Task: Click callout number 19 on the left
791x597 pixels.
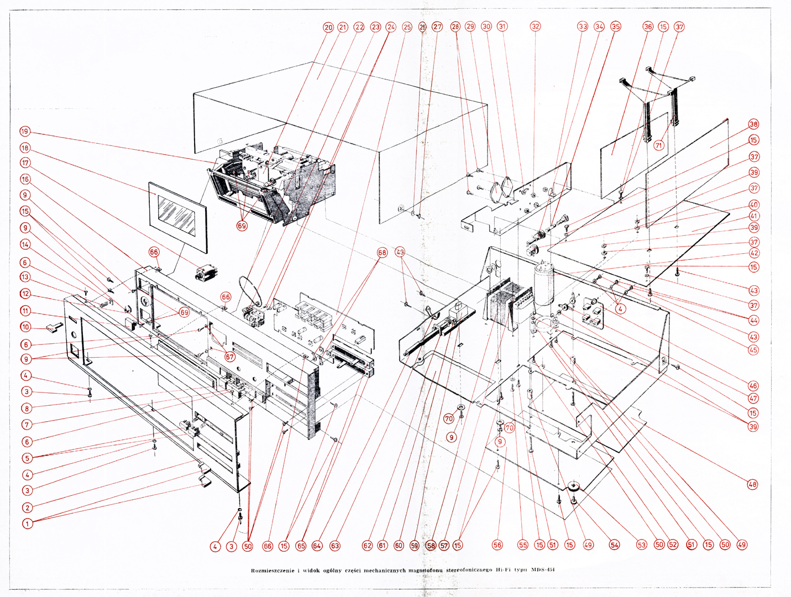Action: coord(24,132)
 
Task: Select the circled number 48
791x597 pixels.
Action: coord(752,484)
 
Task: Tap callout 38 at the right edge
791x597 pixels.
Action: coord(753,124)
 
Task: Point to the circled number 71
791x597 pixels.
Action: coord(658,145)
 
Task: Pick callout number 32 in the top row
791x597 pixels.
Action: coord(535,27)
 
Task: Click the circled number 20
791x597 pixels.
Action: coord(328,27)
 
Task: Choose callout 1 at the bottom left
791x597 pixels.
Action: coord(27,523)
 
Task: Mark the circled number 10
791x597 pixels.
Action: coord(25,327)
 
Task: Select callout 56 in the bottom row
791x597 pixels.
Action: coord(497,545)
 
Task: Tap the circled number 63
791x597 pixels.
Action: coord(335,546)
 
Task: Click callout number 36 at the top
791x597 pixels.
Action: coord(648,27)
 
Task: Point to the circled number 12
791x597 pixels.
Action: coord(25,294)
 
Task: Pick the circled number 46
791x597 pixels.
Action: coord(753,386)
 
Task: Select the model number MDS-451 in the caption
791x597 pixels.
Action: coord(542,570)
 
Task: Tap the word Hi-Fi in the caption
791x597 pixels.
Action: coord(504,570)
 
